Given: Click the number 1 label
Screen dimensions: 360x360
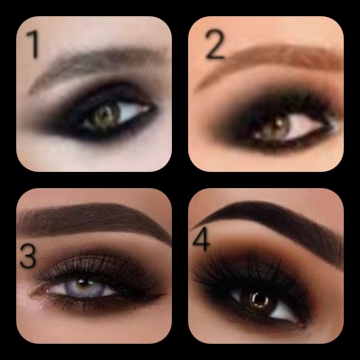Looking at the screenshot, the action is pos(33,44).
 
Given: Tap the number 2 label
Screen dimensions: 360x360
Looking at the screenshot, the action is pos(215,45).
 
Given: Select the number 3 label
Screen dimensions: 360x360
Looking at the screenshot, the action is pos(28,256).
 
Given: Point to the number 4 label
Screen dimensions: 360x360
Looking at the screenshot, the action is pos(202,239).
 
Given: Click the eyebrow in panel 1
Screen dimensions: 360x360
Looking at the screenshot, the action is pos(96,61).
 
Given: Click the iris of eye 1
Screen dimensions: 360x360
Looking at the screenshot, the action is pos(105,116).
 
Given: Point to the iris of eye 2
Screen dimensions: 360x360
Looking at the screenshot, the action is pos(275,127).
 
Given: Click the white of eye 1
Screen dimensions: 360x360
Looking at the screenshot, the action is pos(132,112).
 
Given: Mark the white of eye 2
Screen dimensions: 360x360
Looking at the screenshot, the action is pos(303,127).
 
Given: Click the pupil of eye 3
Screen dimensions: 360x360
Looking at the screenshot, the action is pos(84,283).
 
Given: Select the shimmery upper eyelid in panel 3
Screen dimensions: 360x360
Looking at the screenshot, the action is pos(90,265).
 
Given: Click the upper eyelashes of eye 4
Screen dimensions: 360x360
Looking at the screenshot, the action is pos(246,270).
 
